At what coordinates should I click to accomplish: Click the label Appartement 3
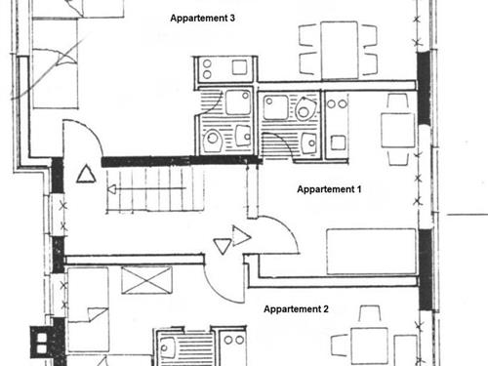pos(202,19)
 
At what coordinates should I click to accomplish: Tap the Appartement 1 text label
pos(329,189)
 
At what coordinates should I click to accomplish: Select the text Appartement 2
pos(296,309)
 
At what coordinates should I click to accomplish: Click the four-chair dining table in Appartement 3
pos(340,50)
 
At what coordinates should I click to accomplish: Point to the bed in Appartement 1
pos(371,252)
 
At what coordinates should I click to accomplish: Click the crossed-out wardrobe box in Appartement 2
pos(146,280)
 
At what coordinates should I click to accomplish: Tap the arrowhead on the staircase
pos(111,189)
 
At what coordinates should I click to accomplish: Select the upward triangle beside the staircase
pos(86,174)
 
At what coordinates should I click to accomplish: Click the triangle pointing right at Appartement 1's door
pos(241,236)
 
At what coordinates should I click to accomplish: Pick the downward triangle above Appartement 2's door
pos(223,246)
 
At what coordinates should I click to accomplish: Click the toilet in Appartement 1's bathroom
pos(305,109)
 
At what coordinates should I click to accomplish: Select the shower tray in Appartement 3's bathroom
pos(238,102)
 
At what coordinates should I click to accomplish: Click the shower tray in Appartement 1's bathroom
pos(275,107)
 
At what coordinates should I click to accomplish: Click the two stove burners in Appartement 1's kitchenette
pos(337,104)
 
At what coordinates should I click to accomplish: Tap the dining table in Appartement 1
pos(398,130)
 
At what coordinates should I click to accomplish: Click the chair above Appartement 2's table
pos(369,314)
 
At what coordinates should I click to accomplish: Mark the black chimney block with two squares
pos(42,343)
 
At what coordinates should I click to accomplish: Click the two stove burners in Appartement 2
pos(234,341)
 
